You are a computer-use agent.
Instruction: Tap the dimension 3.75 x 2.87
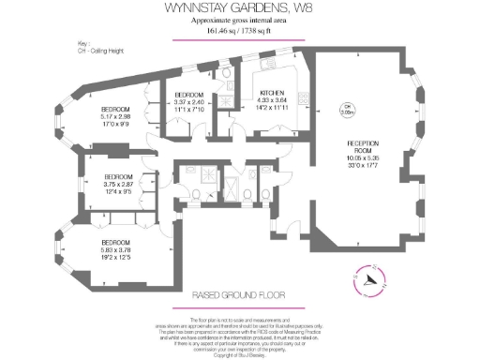[x=119, y=185]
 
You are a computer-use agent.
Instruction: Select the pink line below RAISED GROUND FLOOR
[x=239, y=306]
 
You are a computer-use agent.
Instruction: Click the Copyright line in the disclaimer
[x=239, y=355]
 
